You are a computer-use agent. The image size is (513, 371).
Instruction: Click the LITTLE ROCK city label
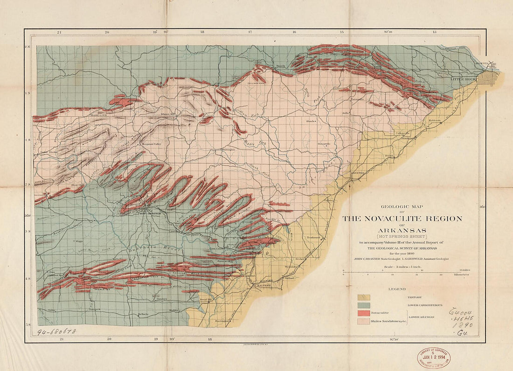461,80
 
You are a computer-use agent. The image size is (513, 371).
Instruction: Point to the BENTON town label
357,172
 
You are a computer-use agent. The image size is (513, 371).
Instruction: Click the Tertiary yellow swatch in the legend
363,297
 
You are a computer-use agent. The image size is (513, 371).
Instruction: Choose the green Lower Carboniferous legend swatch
363,305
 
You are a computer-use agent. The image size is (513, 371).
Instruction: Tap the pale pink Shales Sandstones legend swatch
363,321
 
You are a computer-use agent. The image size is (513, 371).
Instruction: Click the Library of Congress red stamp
434,357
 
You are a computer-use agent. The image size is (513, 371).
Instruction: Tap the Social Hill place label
206,299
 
